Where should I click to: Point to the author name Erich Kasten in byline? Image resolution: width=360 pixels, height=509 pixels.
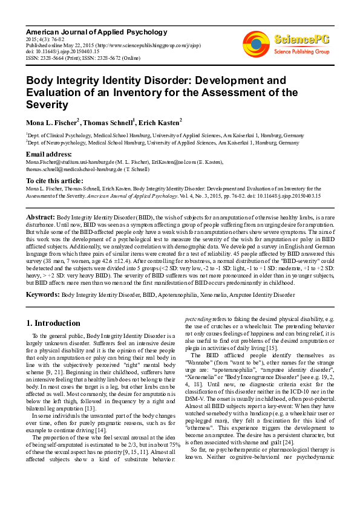[159, 122]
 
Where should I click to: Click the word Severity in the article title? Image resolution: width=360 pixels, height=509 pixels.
[47, 105]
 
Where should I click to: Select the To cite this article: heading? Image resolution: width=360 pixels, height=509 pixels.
[54, 181]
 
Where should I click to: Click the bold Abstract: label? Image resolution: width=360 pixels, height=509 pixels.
[40, 216]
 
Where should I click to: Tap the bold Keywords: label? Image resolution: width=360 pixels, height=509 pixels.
[42, 294]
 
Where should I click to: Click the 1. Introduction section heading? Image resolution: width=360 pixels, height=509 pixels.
[53, 323]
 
